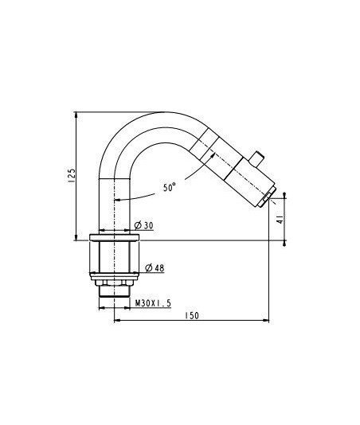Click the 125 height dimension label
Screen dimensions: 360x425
(72, 175)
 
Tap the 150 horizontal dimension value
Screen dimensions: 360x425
(192, 315)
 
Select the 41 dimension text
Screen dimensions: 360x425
(281, 220)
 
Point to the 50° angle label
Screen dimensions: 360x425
(170, 187)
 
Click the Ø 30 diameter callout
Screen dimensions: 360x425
(144, 225)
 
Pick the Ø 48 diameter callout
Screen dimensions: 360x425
(155, 268)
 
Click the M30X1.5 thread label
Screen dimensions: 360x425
(153, 303)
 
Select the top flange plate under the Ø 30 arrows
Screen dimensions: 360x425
(114, 237)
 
